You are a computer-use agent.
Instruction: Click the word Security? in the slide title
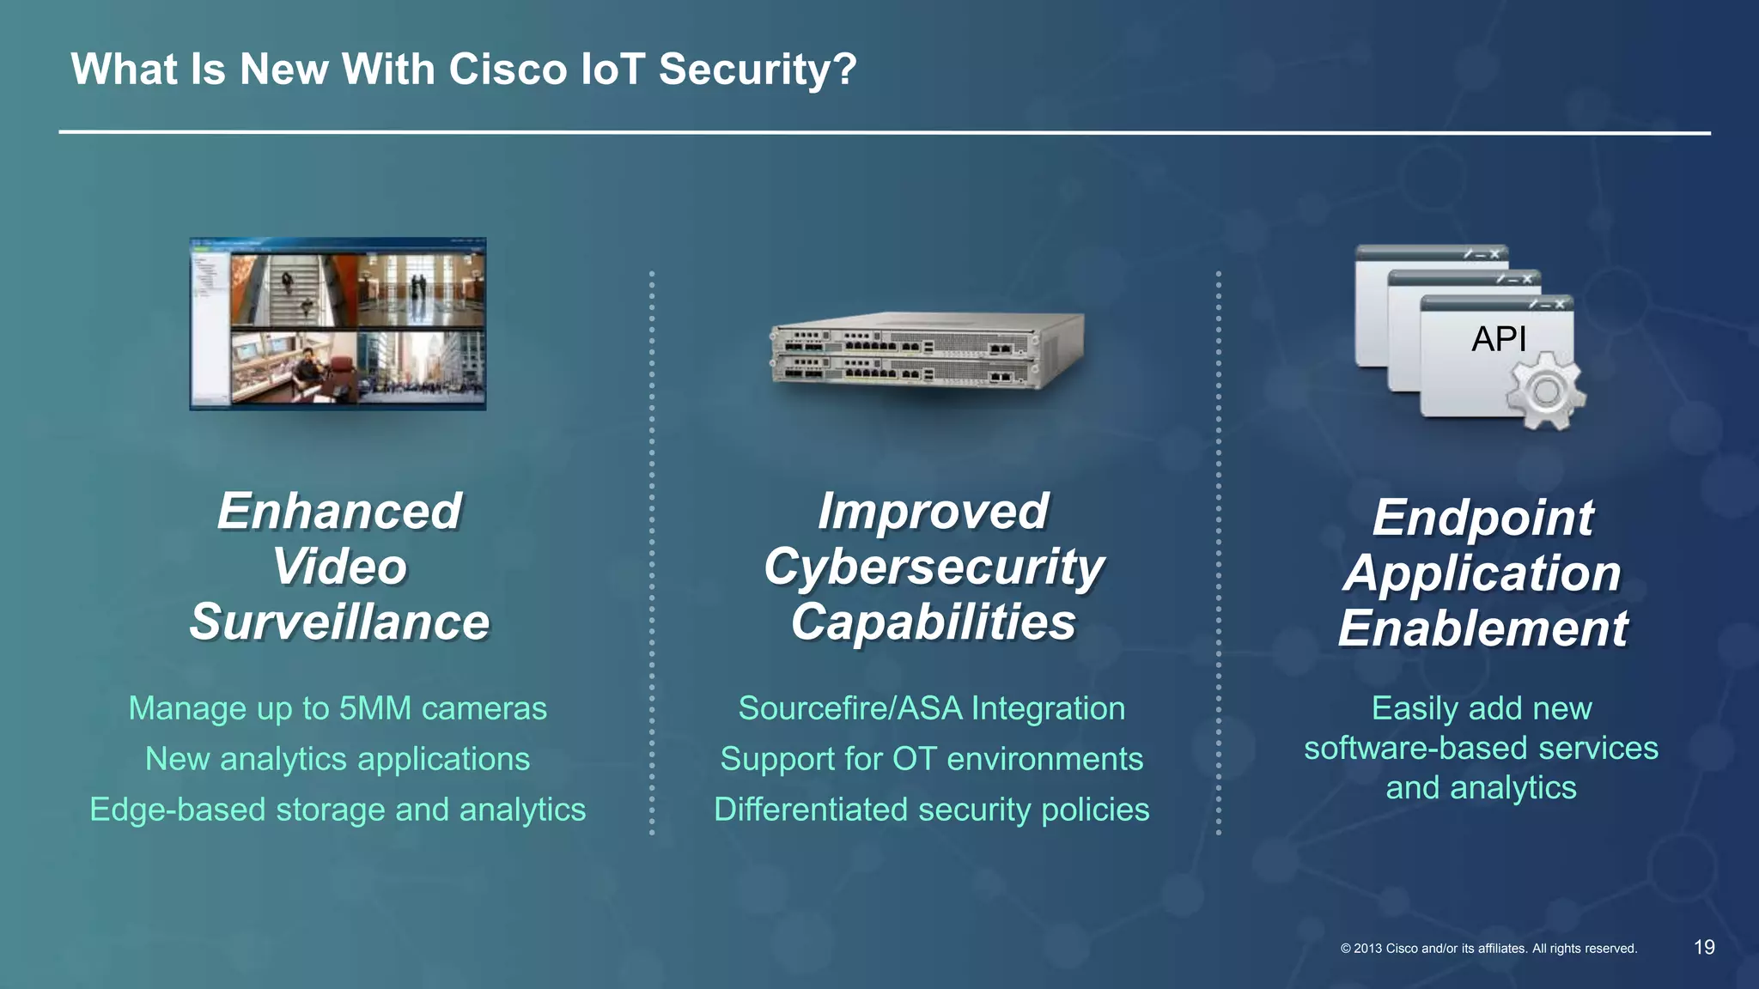tap(758, 69)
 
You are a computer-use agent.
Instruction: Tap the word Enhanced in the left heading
tap(339, 512)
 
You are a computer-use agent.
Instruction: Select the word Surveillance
tap(339, 622)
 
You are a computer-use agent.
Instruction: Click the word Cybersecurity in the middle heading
tap(934, 567)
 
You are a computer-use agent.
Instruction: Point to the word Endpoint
tap(1482, 518)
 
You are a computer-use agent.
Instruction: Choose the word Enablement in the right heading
tap(1482, 628)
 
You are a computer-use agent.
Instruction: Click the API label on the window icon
tap(1499, 339)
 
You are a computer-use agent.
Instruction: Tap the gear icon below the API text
tap(1544, 391)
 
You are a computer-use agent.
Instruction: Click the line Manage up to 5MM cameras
tap(338, 709)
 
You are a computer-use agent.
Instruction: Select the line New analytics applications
tap(338, 760)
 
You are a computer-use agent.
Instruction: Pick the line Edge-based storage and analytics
tap(338, 810)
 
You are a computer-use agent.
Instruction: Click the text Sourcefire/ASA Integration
tap(932, 709)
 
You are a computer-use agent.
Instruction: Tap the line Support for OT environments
tap(932, 760)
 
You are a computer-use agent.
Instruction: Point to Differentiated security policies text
tap(932, 810)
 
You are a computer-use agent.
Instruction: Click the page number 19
tap(1704, 947)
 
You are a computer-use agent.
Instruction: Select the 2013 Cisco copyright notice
tap(1488, 949)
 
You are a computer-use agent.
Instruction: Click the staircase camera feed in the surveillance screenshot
tap(292, 290)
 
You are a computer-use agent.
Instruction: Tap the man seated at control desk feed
tap(294, 367)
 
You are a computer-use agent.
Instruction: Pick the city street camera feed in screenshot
tap(421, 367)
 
